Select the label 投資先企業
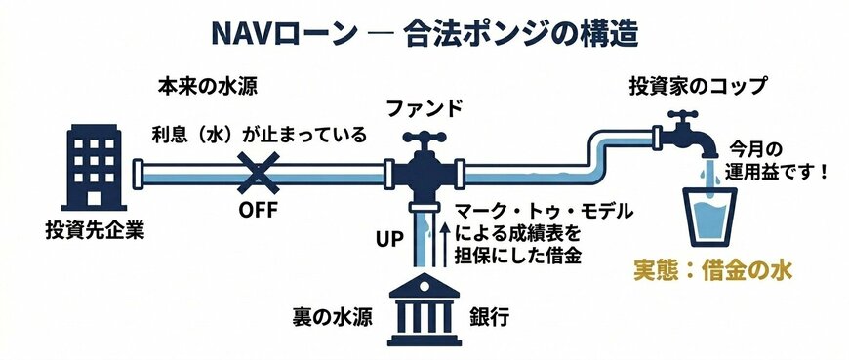(89, 234)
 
